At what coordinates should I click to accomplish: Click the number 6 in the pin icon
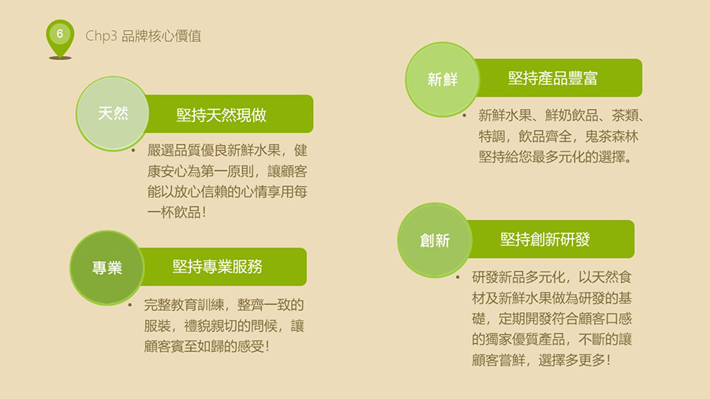click(x=60, y=34)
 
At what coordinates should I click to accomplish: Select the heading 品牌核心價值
click(x=161, y=35)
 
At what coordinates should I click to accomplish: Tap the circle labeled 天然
click(x=113, y=113)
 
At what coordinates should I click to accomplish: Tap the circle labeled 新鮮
click(x=443, y=79)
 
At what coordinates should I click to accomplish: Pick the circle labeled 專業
click(x=106, y=268)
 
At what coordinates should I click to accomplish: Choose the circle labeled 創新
click(x=435, y=241)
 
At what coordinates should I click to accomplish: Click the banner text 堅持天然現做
click(x=222, y=115)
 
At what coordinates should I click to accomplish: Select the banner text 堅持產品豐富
click(x=553, y=78)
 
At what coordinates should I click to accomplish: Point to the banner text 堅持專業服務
click(x=218, y=267)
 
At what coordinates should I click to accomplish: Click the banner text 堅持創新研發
click(x=545, y=239)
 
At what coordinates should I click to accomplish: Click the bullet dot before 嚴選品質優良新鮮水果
click(x=133, y=150)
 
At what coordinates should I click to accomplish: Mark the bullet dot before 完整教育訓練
click(x=130, y=305)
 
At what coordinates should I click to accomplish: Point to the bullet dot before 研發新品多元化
click(x=458, y=277)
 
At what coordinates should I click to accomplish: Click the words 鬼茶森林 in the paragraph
click(x=611, y=136)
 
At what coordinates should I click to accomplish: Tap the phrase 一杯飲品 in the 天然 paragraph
click(x=174, y=211)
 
